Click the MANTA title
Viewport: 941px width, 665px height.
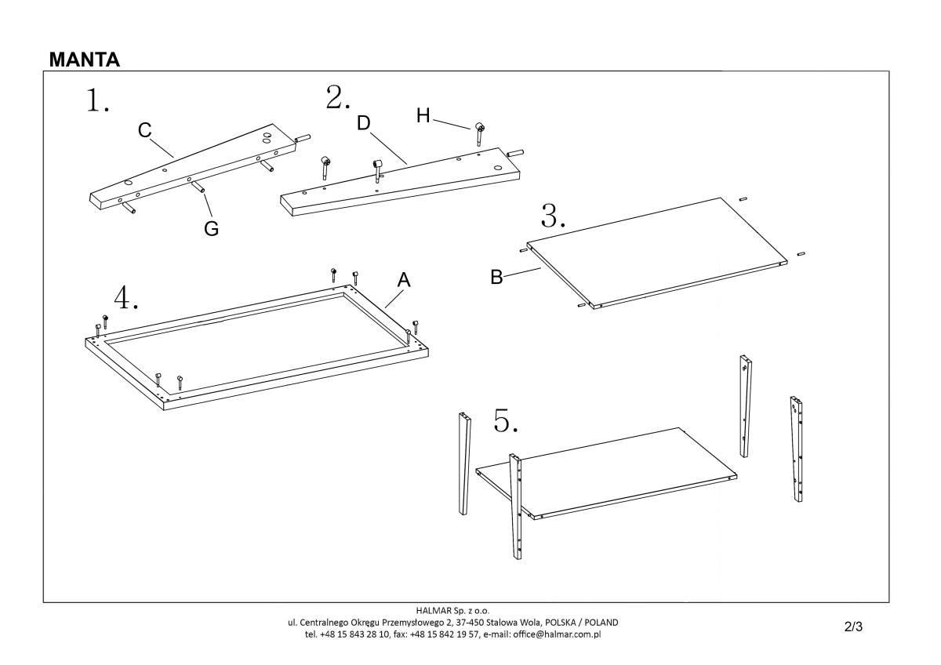(85, 60)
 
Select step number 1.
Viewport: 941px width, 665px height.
(96, 101)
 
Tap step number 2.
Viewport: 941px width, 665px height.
(337, 98)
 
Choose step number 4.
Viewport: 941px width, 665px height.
(125, 298)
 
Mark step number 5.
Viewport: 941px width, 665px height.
(506, 422)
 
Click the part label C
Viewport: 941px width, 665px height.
(145, 131)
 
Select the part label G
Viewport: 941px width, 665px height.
(211, 229)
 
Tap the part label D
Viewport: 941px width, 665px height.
(363, 123)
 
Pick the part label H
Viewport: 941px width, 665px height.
(423, 116)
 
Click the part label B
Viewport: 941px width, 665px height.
(496, 277)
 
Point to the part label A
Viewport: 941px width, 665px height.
(404, 280)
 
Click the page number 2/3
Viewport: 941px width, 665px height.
(854, 627)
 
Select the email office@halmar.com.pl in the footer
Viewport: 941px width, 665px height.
(557, 634)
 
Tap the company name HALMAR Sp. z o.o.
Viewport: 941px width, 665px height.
(454, 610)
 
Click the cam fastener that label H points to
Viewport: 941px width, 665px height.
(478, 129)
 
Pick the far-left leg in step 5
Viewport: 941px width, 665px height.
(464, 463)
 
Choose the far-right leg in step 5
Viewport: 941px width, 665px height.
(797, 449)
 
